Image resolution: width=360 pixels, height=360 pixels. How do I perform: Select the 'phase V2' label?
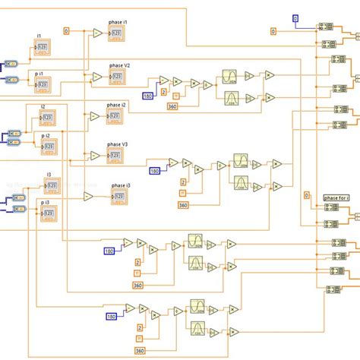(x=120, y=65)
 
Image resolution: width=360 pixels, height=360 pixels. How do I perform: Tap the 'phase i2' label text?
(x=118, y=104)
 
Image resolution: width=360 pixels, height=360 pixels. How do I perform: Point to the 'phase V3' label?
(x=117, y=144)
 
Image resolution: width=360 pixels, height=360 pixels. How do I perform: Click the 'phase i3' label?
(x=120, y=185)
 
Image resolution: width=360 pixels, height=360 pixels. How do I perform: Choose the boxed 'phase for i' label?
(x=336, y=197)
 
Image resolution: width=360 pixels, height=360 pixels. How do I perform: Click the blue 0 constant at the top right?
(x=296, y=17)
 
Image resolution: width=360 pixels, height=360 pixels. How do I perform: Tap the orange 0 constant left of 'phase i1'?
(x=66, y=30)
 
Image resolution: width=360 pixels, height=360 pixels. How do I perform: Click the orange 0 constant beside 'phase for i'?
(x=307, y=196)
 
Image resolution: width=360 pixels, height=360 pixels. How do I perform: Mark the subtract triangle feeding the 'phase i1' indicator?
(x=97, y=33)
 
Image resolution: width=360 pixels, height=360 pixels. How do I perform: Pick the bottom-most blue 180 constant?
(x=111, y=316)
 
